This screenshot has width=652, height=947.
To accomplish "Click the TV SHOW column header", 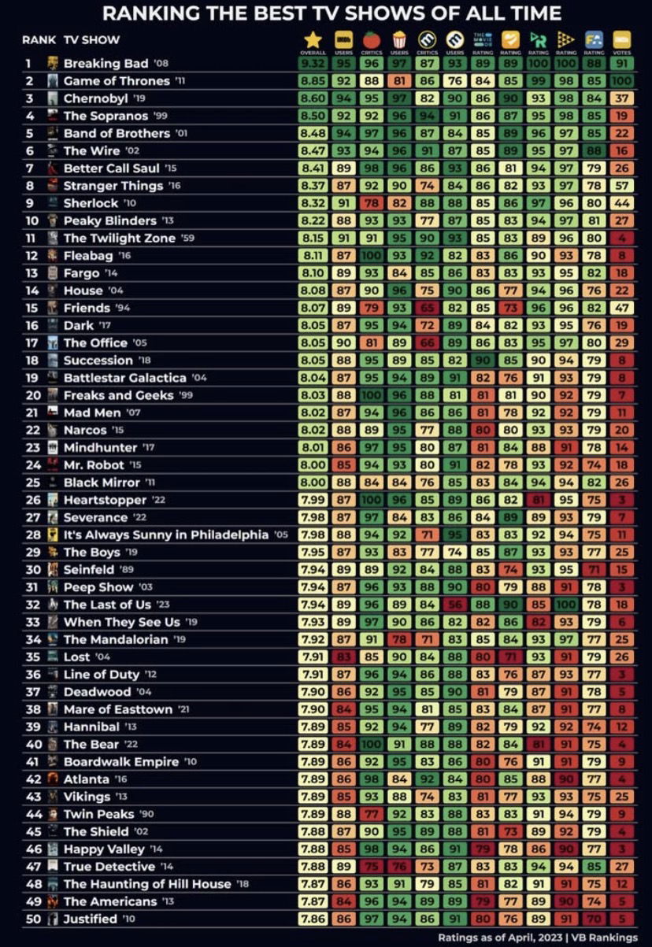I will coord(91,39).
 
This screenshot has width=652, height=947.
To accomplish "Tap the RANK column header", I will coord(38,39).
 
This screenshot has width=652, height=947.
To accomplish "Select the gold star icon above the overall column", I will coord(313,39).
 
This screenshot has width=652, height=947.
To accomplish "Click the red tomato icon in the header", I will coord(371,39).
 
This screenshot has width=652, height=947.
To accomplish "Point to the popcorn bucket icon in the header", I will coord(399,39).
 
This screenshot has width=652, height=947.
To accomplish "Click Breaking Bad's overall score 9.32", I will coord(313,64).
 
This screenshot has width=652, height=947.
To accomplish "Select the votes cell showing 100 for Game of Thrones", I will coord(621,81).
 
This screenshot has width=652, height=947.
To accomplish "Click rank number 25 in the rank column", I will coord(32,482).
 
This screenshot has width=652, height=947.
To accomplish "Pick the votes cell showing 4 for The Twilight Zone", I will coord(621,238).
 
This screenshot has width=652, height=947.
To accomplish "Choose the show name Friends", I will coord(87,308).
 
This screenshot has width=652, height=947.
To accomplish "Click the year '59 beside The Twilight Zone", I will coord(189,238).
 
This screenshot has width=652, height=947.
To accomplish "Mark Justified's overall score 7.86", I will coord(313,919).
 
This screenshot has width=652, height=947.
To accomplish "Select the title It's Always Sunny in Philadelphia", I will coord(165,535).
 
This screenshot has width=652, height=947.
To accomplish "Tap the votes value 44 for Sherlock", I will coord(621,203).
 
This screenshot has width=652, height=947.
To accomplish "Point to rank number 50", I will coord(32,919).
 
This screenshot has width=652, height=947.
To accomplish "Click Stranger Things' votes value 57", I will coord(621,186).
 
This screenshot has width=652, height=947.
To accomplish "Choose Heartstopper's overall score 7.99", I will coord(313,500).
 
